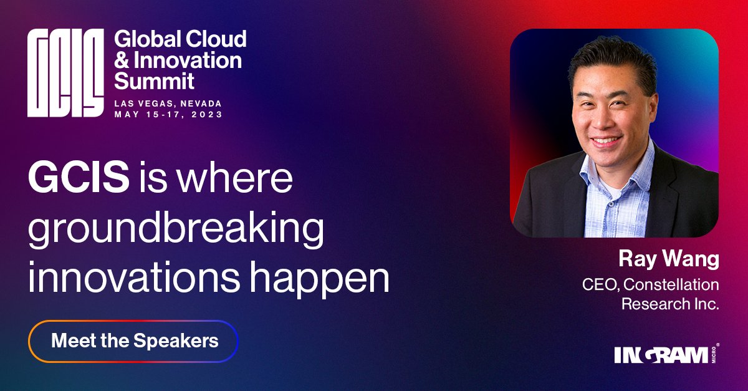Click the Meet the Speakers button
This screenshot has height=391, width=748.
pyautogui.click(x=133, y=341)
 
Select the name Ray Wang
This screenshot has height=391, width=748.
pyautogui.click(x=668, y=259)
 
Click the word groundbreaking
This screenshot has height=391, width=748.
pyautogui.click(x=176, y=230)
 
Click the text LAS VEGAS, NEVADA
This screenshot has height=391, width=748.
pyautogui.click(x=168, y=104)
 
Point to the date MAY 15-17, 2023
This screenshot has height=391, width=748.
pyautogui.click(x=168, y=115)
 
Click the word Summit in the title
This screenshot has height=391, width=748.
pyautogui.click(x=155, y=81)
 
